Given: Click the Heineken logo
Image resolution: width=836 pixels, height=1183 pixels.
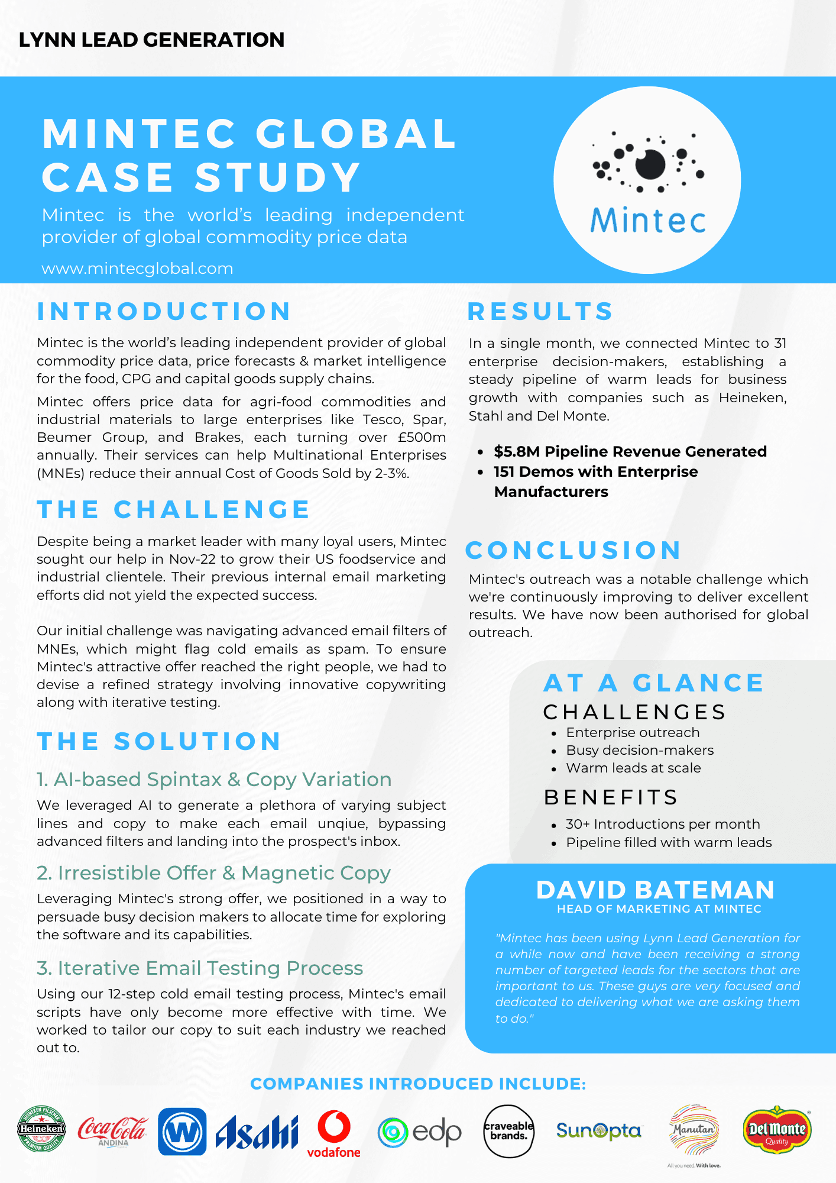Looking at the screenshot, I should pyautogui.click(x=41, y=1129).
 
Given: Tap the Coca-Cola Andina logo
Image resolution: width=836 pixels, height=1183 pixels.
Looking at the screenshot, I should pyautogui.click(x=112, y=1130).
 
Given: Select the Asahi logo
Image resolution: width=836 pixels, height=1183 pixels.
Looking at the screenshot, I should pyautogui.click(x=257, y=1132).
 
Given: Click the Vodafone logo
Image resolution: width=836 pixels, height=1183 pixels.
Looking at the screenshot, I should pyautogui.click(x=333, y=1133).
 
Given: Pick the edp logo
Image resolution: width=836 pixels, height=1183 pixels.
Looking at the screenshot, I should pyautogui.click(x=420, y=1132).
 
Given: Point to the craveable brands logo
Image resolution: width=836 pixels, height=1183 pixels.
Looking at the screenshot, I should pyautogui.click(x=508, y=1131).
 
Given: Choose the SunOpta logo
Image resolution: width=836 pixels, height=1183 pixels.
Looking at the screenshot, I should pyautogui.click(x=598, y=1131).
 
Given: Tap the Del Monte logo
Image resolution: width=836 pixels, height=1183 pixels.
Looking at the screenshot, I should pyautogui.click(x=777, y=1130).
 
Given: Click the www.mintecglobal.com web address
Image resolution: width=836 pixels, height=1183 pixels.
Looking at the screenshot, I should pyautogui.click(x=137, y=269).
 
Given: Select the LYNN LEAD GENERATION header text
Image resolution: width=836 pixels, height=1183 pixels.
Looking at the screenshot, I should pyautogui.click(x=151, y=40).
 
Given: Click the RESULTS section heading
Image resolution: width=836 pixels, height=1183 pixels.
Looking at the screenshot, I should pyautogui.click(x=540, y=312).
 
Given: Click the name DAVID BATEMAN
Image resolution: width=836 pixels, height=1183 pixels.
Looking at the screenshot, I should pyautogui.click(x=655, y=890).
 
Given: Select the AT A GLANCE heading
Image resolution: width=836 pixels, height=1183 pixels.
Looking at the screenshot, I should pyautogui.click(x=653, y=683).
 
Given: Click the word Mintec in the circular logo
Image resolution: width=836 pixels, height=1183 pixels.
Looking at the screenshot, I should pyautogui.click(x=648, y=221).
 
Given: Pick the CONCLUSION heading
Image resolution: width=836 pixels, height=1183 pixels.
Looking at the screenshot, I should pyautogui.click(x=573, y=550).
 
